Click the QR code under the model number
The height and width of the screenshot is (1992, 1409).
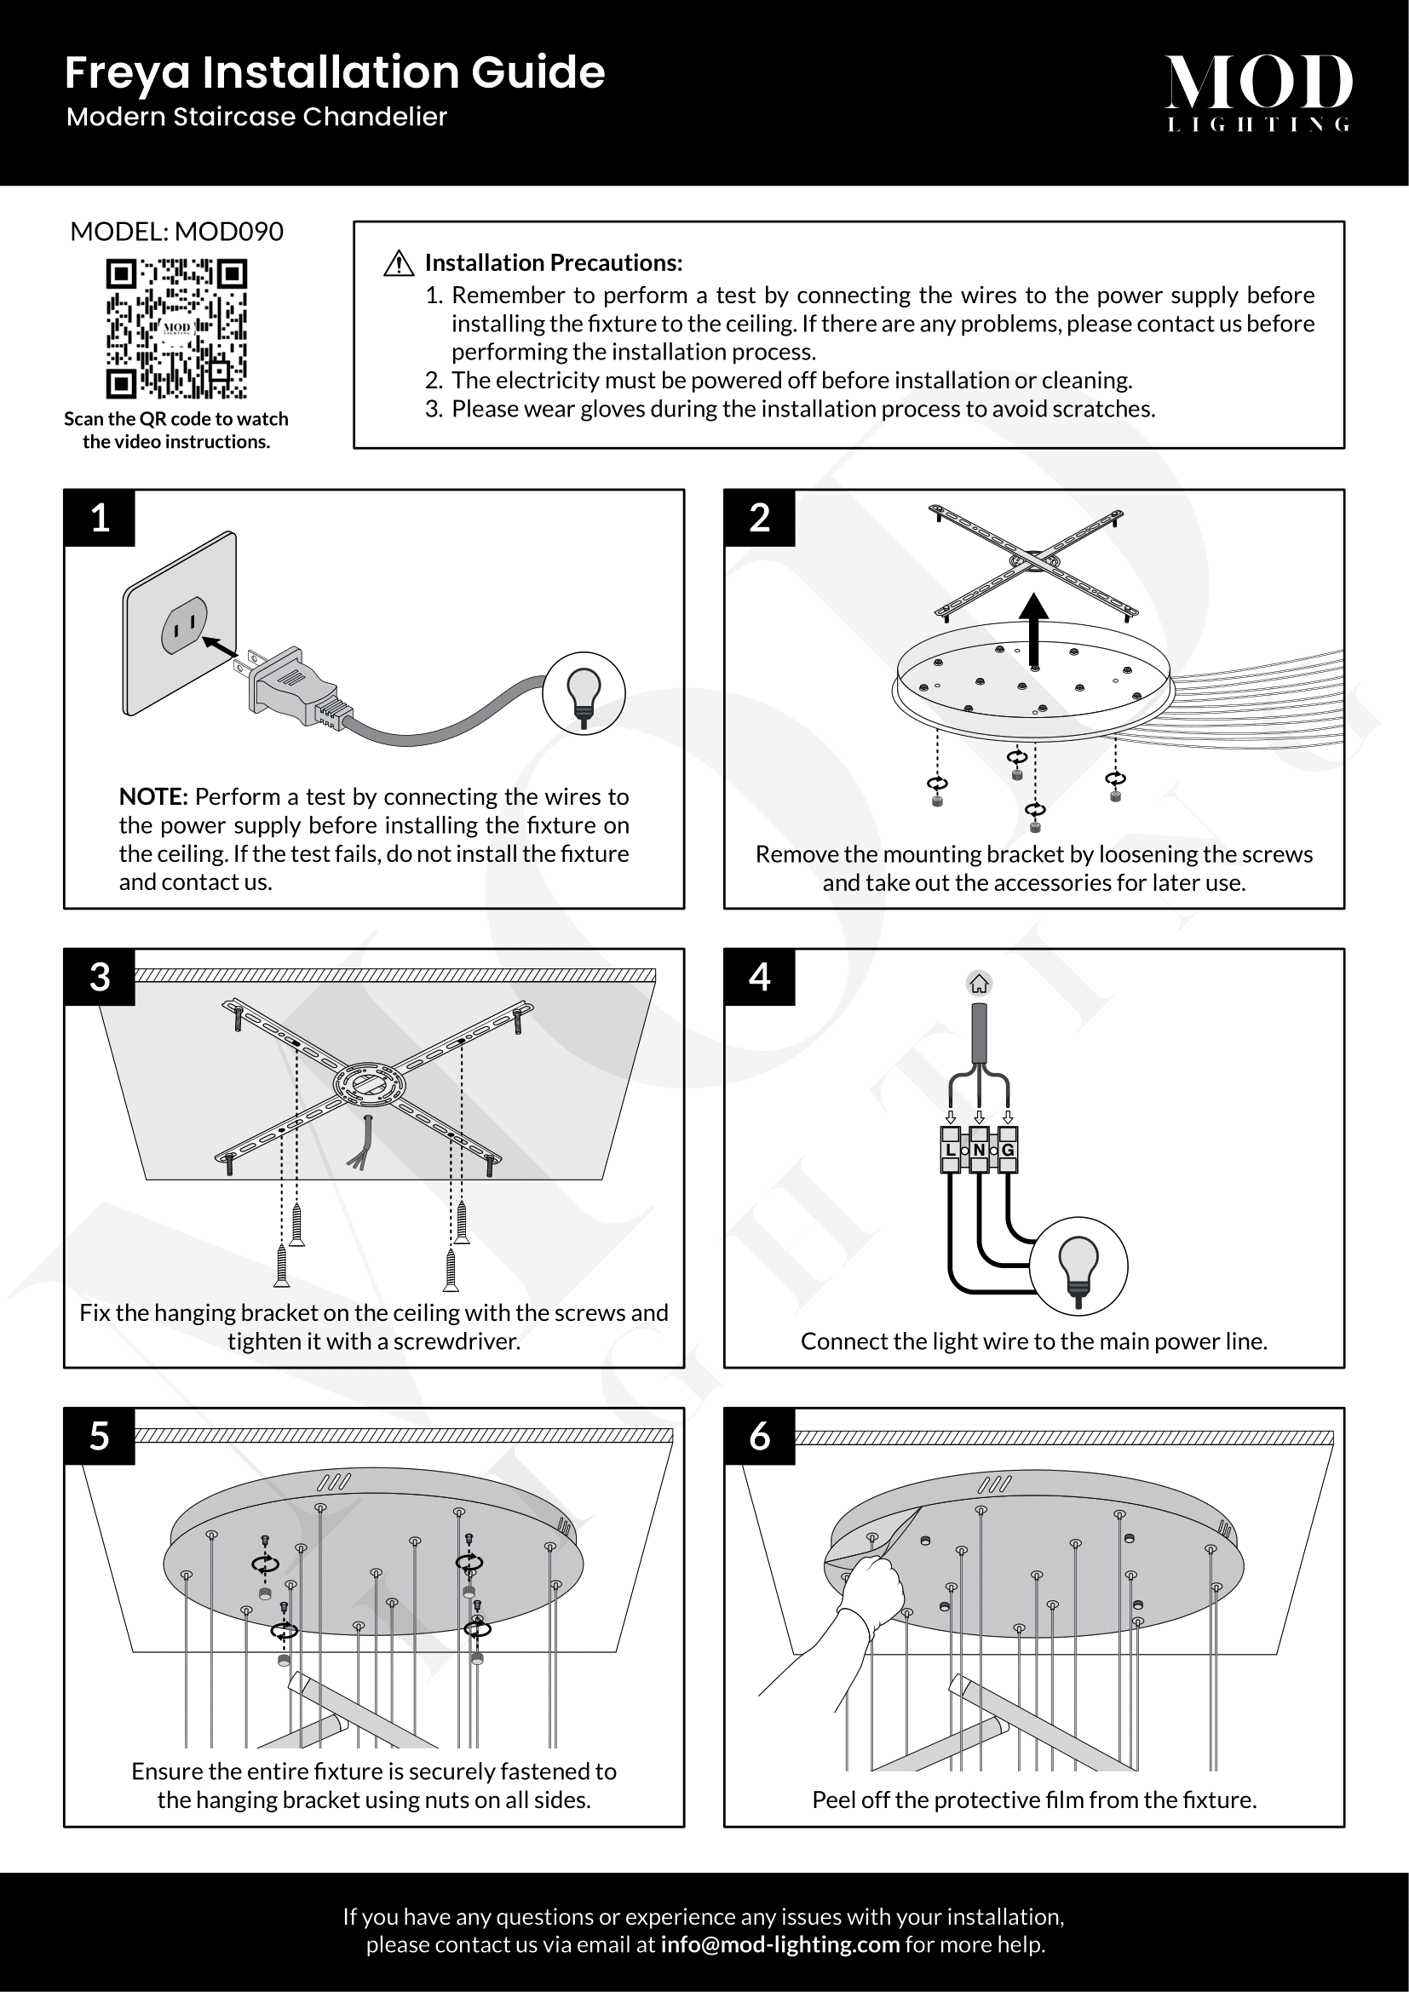[x=176, y=328]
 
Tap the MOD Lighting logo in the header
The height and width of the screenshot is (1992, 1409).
[x=1258, y=92]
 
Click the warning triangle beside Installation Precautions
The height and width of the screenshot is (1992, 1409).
[x=398, y=263]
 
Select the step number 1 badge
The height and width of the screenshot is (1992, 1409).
[x=100, y=518]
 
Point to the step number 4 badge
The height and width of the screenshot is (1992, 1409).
[x=759, y=977]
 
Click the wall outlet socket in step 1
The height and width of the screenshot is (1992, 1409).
[x=184, y=624]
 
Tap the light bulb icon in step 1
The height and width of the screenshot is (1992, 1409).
[x=584, y=692]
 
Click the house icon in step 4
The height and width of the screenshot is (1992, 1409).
[x=979, y=983]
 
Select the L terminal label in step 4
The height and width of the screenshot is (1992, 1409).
[x=950, y=1150]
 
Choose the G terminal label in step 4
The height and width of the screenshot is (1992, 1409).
[x=1007, y=1150]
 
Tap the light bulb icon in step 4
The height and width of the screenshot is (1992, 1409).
[x=1079, y=1266]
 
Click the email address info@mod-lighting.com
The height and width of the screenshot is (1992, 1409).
[x=780, y=1944]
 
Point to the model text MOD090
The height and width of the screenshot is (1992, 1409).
[x=229, y=232]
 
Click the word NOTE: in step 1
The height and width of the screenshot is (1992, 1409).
[x=152, y=796]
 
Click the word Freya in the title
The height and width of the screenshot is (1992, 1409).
[x=127, y=73]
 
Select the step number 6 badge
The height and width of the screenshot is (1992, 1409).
[x=759, y=1436]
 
